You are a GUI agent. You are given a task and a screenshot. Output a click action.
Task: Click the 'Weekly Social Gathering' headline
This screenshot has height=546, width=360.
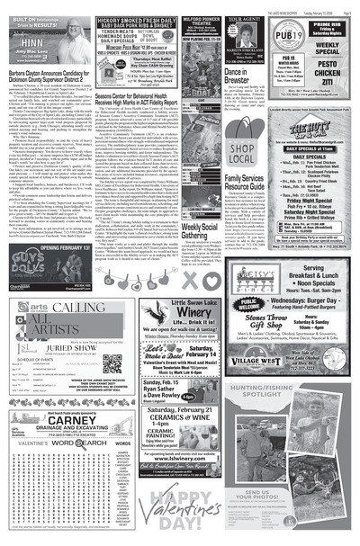[x=202, y=232]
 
